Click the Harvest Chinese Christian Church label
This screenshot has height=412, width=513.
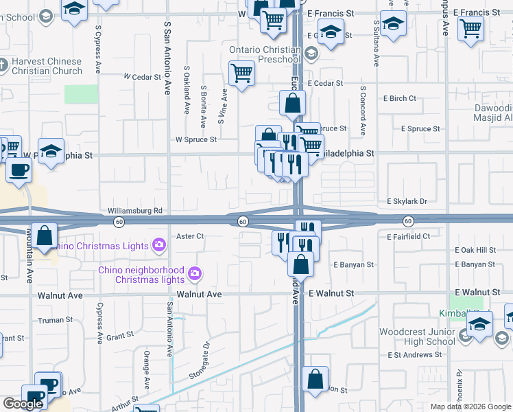[x=47, y=65]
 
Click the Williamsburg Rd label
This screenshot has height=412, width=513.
[x=134, y=211]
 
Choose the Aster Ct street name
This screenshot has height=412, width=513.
[x=191, y=236]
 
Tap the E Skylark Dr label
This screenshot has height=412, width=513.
[x=407, y=202]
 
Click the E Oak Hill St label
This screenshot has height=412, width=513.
[x=475, y=251]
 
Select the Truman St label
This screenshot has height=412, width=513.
[x=56, y=320]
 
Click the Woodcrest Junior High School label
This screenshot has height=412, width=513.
[x=418, y=336]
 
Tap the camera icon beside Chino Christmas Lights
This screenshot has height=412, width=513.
[x=160, y=244]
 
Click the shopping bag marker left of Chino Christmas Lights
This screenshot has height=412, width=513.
[x=45, y=236]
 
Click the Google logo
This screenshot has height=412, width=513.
[x=23, y=404]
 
